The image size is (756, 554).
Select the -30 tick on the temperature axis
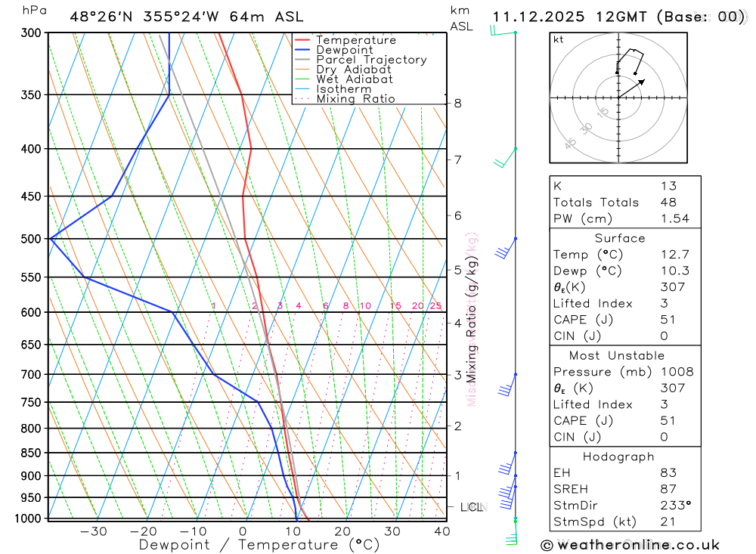click(94, 531)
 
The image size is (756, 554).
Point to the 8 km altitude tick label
click(458, 104)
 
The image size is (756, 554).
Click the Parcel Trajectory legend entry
click(371, 60)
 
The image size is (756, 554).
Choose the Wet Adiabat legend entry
click(355, 79)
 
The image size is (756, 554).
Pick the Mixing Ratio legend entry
click(355, 99)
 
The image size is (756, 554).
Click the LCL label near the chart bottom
click(472, 507)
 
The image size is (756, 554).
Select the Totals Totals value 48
click(668, 203)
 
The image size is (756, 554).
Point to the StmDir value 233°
click(675, 506)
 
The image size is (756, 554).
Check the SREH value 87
click(668, 490)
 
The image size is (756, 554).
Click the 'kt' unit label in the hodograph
click(558, 40)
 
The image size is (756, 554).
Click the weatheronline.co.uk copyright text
click(630, 545)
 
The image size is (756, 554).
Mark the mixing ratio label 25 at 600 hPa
click(435, 306)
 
